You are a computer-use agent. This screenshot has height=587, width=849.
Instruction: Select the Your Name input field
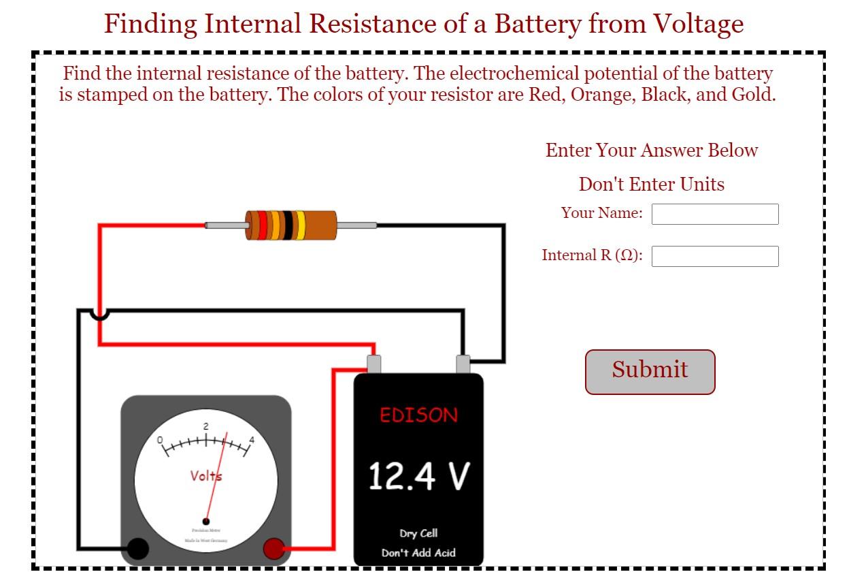coord(714,214)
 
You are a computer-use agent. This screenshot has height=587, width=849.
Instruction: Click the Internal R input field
coord(714,256)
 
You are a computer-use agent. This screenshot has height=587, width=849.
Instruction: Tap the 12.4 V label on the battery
coord(418,476)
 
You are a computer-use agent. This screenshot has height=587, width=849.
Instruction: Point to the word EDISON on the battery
coord(418,415)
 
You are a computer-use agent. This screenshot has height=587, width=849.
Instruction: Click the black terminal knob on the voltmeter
coord(138,548)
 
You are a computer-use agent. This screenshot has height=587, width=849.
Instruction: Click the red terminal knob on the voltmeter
coord(273,548)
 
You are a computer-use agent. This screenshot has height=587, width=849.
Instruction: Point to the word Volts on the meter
coord(205,475)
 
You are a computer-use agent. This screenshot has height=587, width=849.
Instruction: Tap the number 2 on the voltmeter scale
coord(205,426)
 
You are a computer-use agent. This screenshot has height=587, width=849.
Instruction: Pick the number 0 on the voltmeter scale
coord(161,440)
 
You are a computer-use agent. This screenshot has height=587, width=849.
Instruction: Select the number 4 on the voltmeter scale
coord(252,440)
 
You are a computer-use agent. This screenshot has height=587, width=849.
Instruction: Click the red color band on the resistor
coord(263,225)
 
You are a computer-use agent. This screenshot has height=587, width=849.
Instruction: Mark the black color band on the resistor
coord(288,225)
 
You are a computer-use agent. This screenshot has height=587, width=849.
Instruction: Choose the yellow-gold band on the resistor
coord(300,225)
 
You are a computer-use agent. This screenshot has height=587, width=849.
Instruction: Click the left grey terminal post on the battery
coord(373,364)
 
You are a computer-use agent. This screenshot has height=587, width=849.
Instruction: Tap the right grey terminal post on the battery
coord(463,364)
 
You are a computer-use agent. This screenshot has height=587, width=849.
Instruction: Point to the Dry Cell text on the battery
coord(418,533)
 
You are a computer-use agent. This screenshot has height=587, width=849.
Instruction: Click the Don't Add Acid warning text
coord(418,552)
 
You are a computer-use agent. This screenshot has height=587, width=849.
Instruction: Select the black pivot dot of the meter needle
coord(206,522)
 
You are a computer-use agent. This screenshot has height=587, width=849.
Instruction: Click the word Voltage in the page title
coord(699,24)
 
